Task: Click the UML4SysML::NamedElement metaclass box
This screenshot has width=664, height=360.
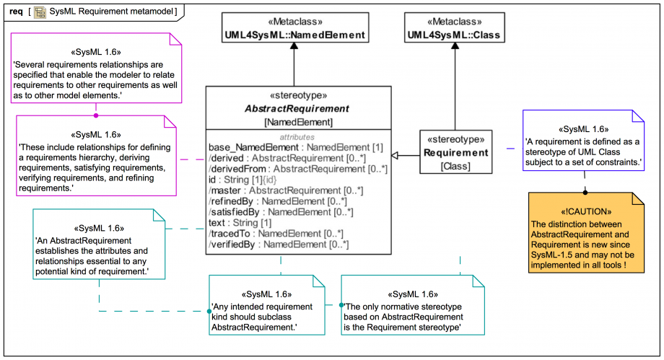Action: pyautogui.click(x=295, y=27)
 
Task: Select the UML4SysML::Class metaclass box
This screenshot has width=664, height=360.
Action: pyautogui.click(x=455, y=27)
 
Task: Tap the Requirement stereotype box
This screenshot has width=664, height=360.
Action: pyautogui.click(x=455, y=152)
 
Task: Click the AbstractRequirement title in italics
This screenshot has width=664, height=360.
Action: pyautogui.click(x=297, y=109)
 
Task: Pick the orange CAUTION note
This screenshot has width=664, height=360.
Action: pyautogui.click(x=586, y=232)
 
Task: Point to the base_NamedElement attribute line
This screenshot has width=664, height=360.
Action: pyautogui.click(x=296, y=147)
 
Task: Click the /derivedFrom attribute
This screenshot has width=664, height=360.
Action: pyautogui.click(x=297, y=169)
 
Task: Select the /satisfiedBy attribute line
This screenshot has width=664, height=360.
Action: pyautogui.click(x=281, y=212)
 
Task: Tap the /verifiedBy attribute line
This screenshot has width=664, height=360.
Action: pyautogui.click(x=279, y=245)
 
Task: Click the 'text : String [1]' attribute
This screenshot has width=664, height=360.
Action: pyautogui.click(x=240, y=223)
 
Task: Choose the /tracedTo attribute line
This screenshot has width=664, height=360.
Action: pyautogui.click(x=276, y=234)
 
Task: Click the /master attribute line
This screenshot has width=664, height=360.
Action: pyautogui.click(x=286, y=190)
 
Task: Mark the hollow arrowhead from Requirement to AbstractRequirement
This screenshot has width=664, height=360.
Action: pyautogui.click(x=395, y=155)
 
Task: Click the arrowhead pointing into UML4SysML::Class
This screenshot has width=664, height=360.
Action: pyautogui.click(x=455, y=45)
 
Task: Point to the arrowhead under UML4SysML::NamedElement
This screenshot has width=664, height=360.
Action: pyautogui.click(x=294, y=45)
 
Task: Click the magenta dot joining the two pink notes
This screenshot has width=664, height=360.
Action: pyautogui.click(x=96, y=115)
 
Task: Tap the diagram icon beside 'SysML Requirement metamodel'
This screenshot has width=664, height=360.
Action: pyautogui.click(x=40, y=12)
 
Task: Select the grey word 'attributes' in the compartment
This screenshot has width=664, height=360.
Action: pyautogui.click(x=297, y=137)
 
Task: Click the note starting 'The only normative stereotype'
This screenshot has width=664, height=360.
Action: pyautogui.click(x=413, y=305)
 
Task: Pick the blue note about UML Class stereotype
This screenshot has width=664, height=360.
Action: pyautogui.click(x=583, y=141)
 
